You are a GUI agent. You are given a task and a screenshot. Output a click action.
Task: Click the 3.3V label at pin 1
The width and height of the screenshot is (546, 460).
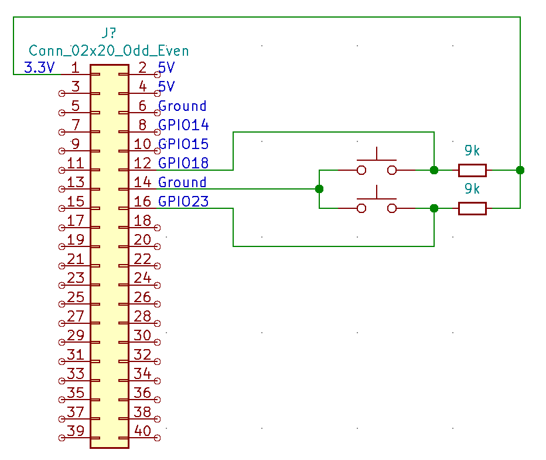click(x=39, y=67)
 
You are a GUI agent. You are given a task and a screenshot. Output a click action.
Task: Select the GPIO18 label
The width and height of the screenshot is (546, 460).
click(x=183, y=163)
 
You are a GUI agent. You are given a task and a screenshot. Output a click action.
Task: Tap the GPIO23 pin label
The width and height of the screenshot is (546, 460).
click(x=183, y=201)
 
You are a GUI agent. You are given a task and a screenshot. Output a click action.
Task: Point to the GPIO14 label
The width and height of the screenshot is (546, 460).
click(x=183, y=125)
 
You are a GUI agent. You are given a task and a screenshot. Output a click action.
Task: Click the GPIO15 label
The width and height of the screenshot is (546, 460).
click(x=183, y=144)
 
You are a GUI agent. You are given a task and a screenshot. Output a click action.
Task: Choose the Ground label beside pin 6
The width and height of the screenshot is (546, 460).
click(x=182, y=106)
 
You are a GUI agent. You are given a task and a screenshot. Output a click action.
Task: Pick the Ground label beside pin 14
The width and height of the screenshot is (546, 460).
click(x=182, y=182)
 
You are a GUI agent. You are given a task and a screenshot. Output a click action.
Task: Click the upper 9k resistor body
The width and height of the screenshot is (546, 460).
click(x=472, y=170)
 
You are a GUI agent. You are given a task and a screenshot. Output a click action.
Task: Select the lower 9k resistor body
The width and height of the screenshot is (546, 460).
click(x=472, y=208)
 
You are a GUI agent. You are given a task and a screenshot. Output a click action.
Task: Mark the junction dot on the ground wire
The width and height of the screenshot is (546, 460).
click(x=319, y=189)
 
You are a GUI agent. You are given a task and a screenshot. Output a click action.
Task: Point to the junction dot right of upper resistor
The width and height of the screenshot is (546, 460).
click(x=520, y=170)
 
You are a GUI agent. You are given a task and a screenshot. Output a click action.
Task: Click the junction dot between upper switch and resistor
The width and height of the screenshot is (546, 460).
click(x=434, y=170)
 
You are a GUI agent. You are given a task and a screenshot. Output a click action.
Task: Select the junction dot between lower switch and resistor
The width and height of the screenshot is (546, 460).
click(x=434, y=208)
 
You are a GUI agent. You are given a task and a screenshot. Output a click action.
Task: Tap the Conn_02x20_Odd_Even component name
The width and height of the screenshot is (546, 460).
click(x=109, y=50)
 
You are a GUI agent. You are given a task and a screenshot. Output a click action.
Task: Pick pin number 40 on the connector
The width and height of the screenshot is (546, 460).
click(x=142, y=430)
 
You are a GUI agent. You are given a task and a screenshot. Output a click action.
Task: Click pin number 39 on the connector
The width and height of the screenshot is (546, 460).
click(x=76, y=430)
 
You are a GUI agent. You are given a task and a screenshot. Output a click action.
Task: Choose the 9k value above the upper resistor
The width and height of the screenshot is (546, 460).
click(x=472, y=151)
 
